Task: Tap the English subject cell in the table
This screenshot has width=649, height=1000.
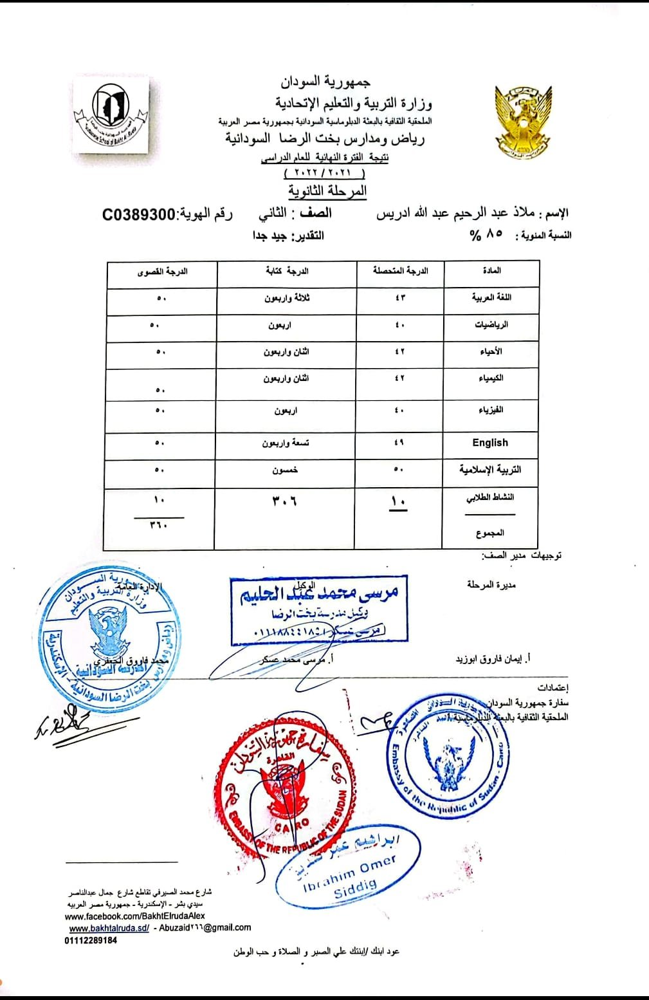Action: click(490, 443)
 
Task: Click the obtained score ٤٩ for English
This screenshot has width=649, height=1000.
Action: click(399, 443)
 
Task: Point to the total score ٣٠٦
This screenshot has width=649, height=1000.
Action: click(284, 500)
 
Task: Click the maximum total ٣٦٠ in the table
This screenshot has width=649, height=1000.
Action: click(159, 525)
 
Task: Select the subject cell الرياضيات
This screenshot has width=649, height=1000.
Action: click(491, 325)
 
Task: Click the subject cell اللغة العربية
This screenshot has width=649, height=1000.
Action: click(491, 298)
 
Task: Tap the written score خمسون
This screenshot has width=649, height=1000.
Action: click(284, 470)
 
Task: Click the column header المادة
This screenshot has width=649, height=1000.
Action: click(491, 271)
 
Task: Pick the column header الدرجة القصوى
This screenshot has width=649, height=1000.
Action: click(162, 272)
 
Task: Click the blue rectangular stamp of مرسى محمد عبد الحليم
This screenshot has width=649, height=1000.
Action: click(319, 609)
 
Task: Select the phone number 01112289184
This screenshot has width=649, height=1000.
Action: click(91, 940)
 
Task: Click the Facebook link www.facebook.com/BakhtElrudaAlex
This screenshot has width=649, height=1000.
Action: click(135, 916)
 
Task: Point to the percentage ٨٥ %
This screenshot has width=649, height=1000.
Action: click(486, 236)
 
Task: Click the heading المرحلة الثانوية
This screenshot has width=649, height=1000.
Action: click(327, 191)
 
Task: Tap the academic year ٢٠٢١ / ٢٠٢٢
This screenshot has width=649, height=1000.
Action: click(324, 174)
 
